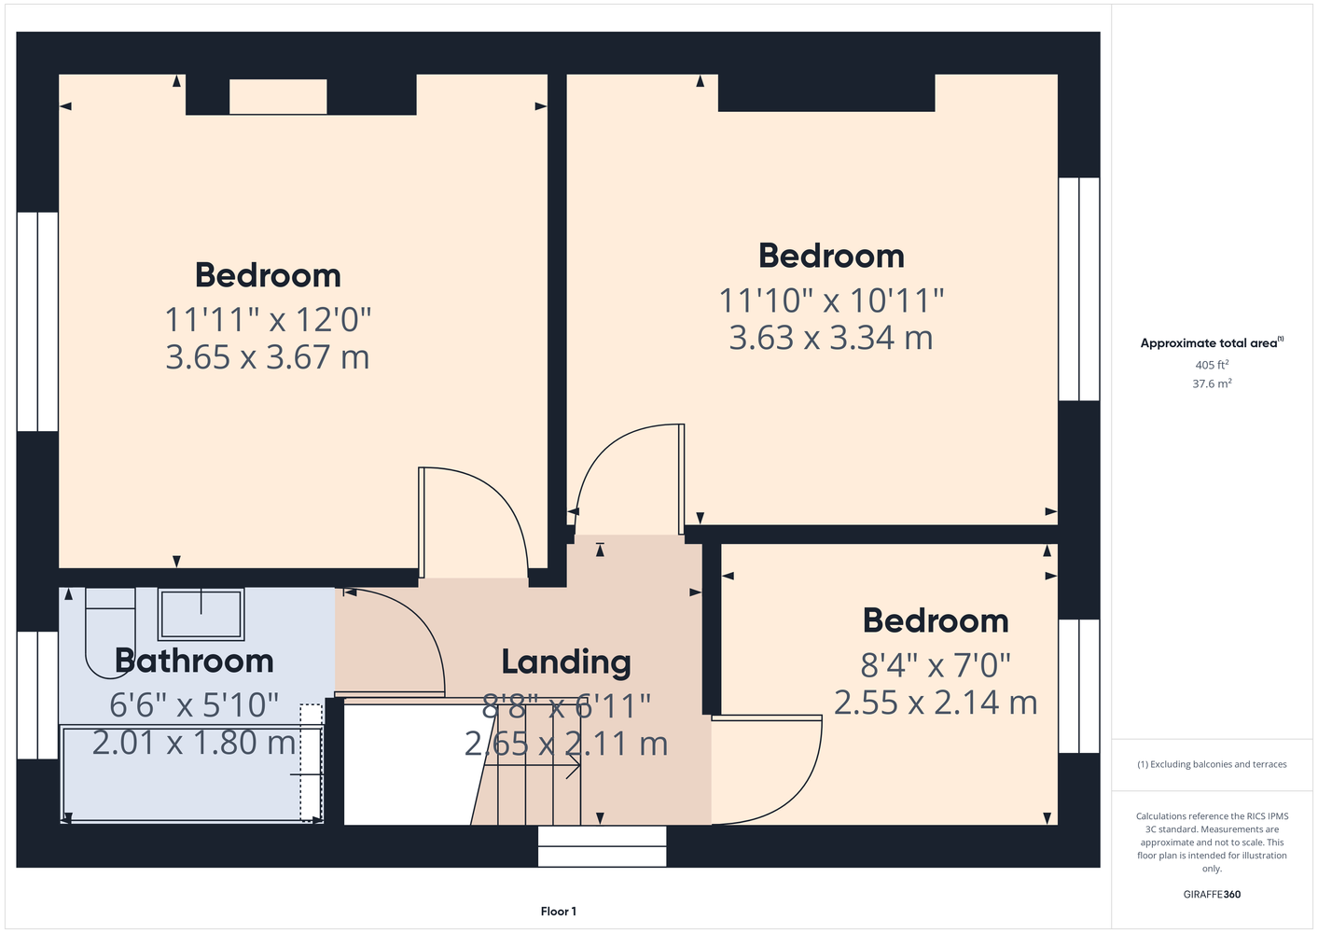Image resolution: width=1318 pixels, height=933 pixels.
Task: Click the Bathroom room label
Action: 194,661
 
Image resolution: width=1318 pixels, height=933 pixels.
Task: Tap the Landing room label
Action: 566,663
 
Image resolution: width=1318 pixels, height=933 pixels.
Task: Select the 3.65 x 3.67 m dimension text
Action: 268,357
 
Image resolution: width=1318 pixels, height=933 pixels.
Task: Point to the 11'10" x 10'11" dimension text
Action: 831,300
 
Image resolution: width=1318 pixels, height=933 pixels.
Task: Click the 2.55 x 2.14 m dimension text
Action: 936,703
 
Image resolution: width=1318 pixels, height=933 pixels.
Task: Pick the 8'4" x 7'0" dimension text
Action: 936,665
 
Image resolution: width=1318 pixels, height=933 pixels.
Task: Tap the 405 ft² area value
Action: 1212,365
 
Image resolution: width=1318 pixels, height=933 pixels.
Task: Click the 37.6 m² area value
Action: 1212,383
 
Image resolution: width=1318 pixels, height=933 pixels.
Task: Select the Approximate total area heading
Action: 1212,342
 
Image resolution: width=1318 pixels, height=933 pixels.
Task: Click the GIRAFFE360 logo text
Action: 1212,894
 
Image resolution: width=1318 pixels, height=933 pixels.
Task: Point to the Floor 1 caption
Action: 559,912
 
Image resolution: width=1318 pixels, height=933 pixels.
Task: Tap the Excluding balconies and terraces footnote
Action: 1212,764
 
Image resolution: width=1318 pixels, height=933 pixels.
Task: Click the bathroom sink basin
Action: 201,614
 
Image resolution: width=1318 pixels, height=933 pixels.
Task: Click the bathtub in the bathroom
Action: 192,773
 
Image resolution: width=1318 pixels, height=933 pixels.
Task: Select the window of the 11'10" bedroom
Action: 1079,289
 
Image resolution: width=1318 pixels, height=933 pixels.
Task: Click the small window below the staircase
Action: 603,846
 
